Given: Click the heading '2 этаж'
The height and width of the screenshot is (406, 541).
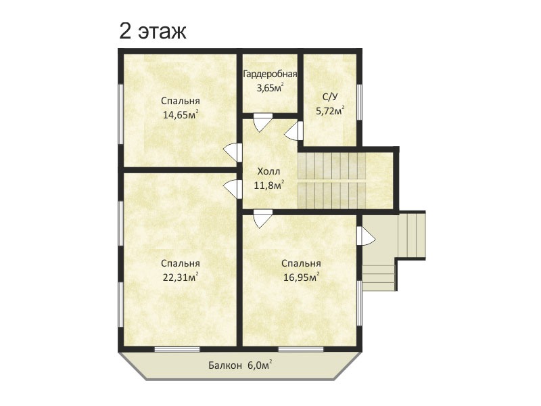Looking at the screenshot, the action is [153, 31].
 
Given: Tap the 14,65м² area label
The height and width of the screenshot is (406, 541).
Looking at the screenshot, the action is [181, 114].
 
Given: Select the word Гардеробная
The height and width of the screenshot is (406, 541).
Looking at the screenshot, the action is [270, 74].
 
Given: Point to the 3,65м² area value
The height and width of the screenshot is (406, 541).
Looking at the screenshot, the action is [270, 87].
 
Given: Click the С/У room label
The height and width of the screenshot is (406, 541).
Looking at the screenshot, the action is [330, 97].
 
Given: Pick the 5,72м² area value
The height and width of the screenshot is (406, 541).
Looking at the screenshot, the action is [330, 111].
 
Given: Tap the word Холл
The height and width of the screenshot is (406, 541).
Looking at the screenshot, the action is [268, 172].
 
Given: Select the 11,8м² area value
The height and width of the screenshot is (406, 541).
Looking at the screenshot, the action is [269, 185].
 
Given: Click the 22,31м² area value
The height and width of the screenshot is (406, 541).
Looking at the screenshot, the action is [181, 277].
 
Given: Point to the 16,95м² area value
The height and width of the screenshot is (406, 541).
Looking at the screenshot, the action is [301, 277].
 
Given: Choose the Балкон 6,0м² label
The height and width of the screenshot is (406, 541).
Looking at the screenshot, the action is [240, 365].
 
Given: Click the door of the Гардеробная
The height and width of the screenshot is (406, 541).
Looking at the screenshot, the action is [262, 122].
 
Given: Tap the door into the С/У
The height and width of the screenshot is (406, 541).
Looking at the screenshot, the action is [294, 131].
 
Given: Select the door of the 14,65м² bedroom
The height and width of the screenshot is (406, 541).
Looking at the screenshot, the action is [233, 152].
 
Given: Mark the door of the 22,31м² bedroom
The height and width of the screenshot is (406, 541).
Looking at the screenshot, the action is [233, 189].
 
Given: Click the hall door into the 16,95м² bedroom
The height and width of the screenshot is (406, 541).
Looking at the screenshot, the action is [262, 219].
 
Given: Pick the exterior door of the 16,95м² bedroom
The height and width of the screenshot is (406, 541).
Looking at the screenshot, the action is [366, 235].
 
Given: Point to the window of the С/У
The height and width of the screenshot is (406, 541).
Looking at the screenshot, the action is [359, 102].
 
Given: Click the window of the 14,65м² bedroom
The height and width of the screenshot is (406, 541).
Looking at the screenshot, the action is [121, 114].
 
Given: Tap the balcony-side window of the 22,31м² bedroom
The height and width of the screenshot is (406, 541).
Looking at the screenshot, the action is [177, 349].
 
